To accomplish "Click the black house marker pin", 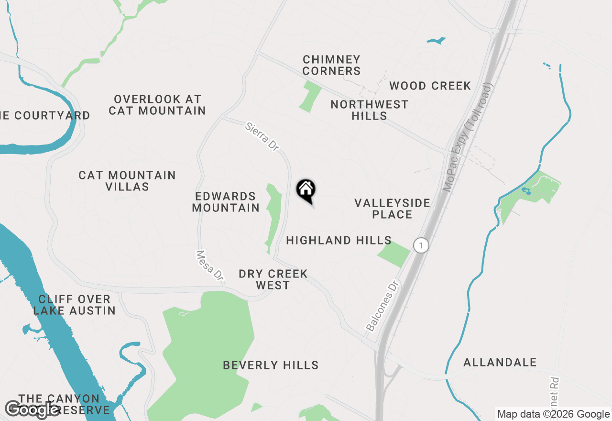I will [306, 190].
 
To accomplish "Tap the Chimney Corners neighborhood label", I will [332, 66].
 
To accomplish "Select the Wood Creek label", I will [430, 86].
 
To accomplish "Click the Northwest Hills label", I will [369, 110].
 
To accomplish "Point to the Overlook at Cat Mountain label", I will [157, 105].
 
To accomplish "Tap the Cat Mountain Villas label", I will [127, 181].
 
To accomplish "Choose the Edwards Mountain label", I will [226, 202].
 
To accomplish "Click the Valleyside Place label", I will [392, 209].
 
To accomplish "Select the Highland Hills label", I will [339, 240].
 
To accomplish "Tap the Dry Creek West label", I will [273, 279].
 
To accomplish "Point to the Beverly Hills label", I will [271, 365].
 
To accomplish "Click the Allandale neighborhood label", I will [500, 362].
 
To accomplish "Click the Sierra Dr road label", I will [262, 137].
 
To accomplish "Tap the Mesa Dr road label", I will [210, 265].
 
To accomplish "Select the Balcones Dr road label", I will [382, 307].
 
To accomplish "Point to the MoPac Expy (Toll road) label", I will [468, 138].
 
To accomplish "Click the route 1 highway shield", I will [421, 245].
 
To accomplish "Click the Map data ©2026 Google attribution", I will [553, 414].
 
